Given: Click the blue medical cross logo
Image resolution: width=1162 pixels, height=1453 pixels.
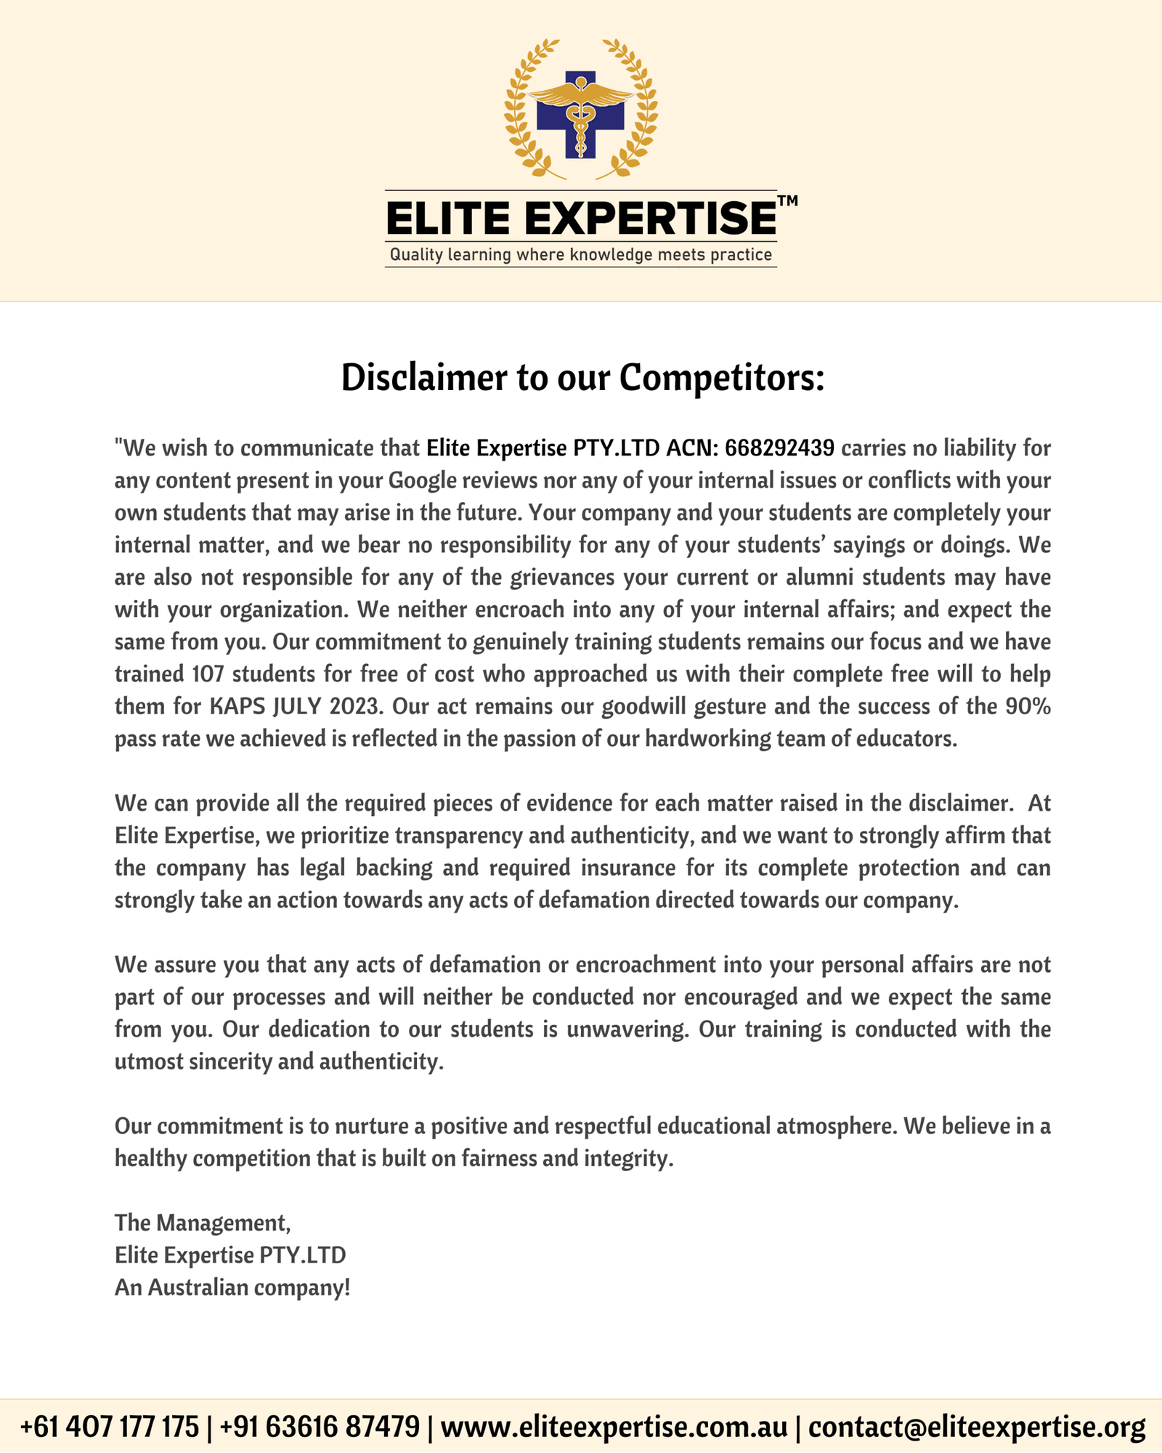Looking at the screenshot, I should (580, 114).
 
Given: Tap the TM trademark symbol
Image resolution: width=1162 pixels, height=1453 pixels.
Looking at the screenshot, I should (787, 201).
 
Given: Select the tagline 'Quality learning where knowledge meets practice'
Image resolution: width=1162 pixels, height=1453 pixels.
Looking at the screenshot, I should (580, 255).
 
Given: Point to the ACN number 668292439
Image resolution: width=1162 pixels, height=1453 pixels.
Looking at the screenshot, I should (779, 448).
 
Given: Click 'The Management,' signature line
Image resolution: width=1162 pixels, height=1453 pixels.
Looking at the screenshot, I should (203, 1223).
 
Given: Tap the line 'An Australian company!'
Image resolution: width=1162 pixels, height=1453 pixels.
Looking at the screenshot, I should (232, 1287).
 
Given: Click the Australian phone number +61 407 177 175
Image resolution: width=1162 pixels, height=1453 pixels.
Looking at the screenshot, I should (109, 1426).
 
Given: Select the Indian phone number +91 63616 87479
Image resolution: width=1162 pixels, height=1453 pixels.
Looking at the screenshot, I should (320, 1426).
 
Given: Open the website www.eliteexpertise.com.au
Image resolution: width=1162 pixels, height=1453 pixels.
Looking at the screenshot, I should (614, 1426).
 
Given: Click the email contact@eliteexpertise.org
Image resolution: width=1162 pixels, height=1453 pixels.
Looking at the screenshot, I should (976, 1426).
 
